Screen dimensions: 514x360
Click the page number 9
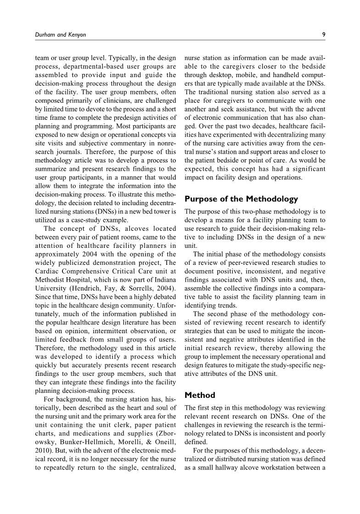coord(324,34)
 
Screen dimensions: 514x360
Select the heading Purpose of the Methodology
coord(241,199)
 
